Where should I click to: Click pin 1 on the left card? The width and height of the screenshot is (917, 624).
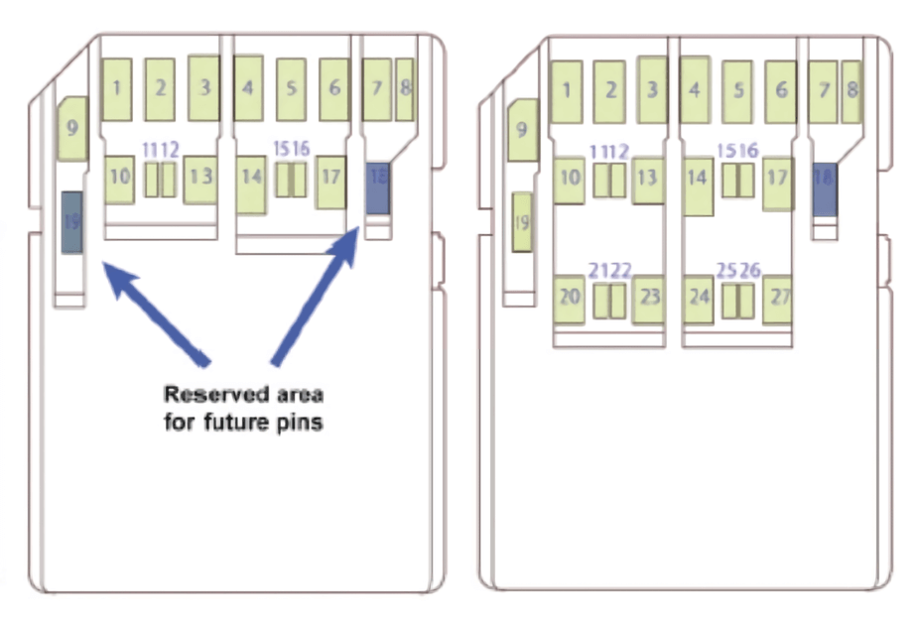click(x=117, y=88)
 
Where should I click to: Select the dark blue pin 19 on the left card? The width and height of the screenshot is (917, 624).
click(x=71, y=222)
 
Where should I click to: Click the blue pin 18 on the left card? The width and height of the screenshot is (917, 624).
click(x=378, y=187)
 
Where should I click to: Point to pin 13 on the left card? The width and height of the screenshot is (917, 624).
click(x=200, y=179)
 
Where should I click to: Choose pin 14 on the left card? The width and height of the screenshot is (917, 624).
click(x=250, y=185)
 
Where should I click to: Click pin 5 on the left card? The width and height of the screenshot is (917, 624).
click(x=291, y=88)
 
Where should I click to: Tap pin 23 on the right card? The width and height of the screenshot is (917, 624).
click(x=649, y=299)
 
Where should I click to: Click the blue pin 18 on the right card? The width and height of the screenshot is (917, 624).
click(x=825, y=188)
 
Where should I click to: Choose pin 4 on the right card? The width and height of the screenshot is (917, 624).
click(x=696, y=89)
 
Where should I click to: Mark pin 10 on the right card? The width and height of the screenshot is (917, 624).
click(x=569, y=180)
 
